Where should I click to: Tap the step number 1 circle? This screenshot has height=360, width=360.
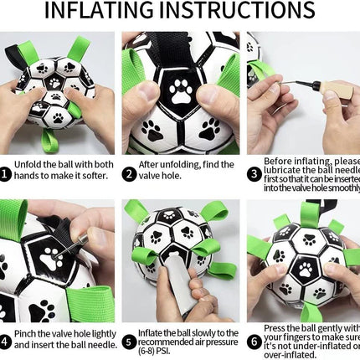pyautogui.click(x=6, y=174)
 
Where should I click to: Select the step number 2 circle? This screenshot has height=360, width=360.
pyautogui.click(x=129, y=174)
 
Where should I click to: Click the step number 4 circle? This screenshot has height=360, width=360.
pyautogui.click(x=6, y=342)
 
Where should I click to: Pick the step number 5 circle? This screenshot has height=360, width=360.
pyautogui.click(x=129, y=342)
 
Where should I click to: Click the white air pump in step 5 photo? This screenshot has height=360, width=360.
pyautogui.click(x=180, y=280)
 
